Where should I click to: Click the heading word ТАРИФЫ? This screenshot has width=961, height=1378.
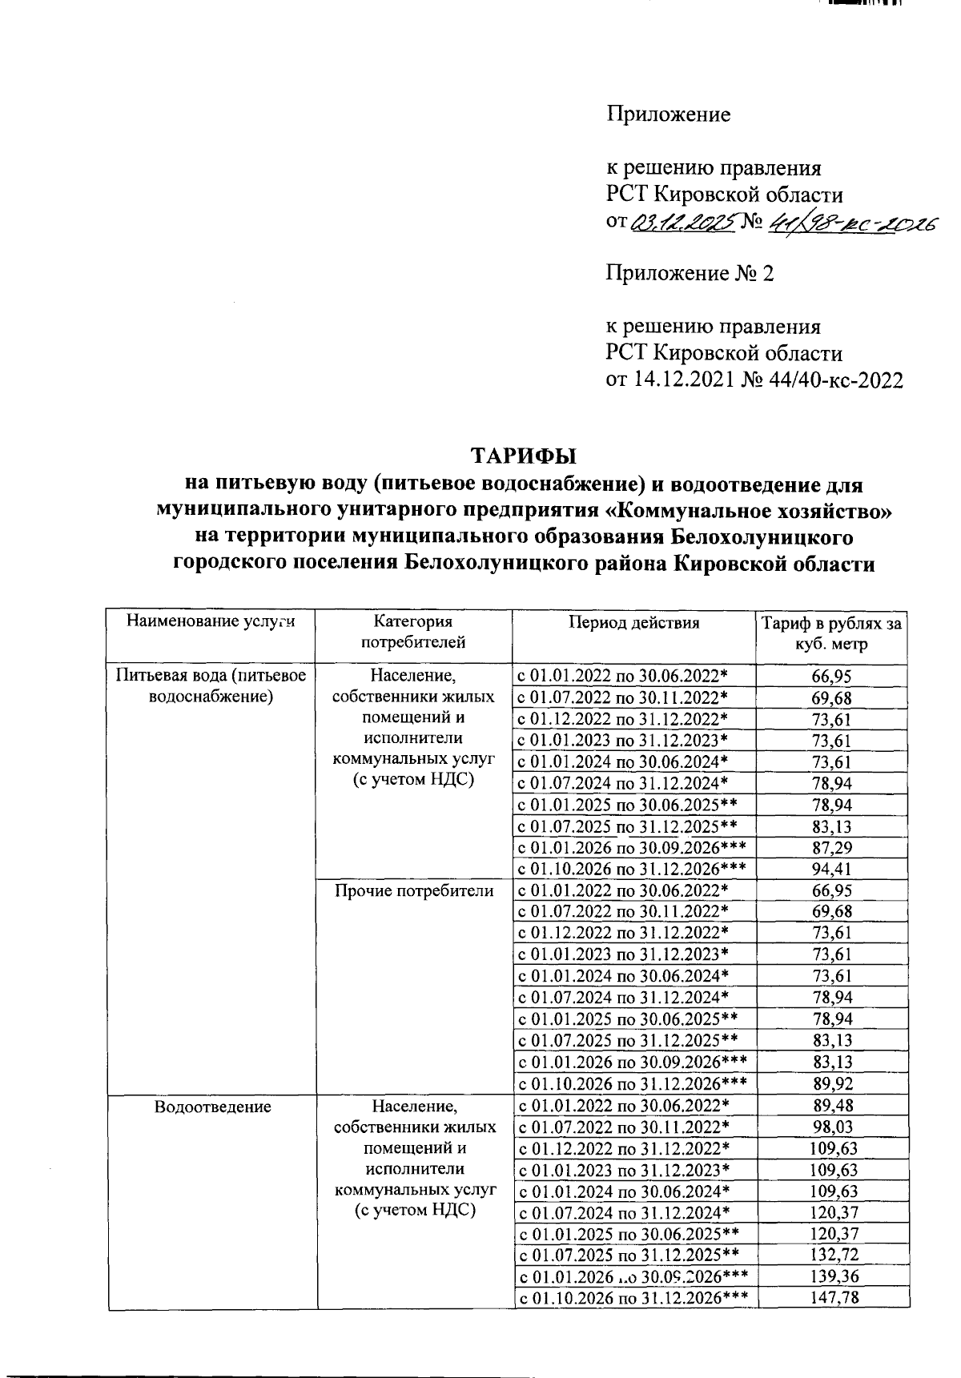point(523,456)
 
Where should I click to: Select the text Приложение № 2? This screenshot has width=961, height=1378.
point(690,274)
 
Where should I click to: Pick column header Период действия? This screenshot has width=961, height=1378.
point(633,622)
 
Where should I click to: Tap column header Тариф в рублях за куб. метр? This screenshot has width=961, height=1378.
point(832,633)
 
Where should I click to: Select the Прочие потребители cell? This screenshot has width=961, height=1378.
point(414,890)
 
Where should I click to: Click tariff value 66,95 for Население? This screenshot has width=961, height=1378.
point(832,677)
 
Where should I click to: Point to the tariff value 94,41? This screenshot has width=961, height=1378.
point(832,869)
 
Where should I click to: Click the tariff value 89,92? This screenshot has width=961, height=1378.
point(832,1084)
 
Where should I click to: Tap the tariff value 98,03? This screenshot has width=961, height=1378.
point(832,1127)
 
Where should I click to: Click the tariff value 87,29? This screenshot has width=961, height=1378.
point(832,847)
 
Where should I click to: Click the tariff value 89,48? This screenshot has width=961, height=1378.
point(832,1106)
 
